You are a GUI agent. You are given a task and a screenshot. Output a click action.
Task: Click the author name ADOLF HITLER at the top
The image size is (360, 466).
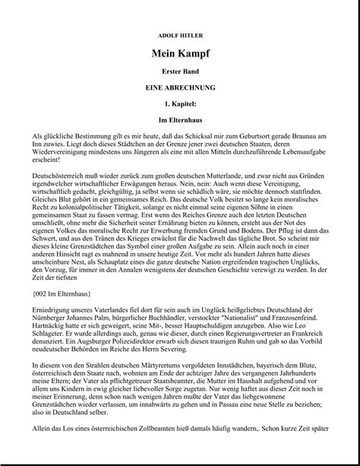tap(180, 36)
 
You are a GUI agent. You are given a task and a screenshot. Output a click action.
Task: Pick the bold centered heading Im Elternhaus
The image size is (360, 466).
tap(180, 120)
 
